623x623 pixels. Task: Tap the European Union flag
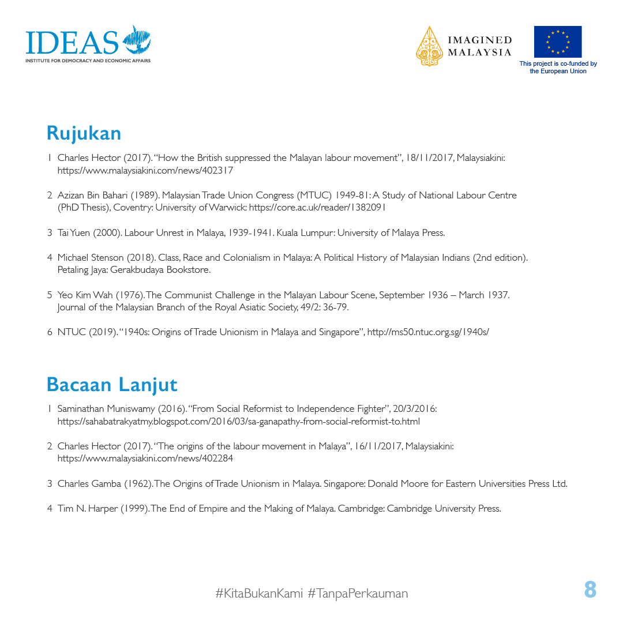coord(557,42)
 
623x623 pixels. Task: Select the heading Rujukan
coord(84,133)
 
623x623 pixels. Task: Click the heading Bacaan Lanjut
coord(112,384)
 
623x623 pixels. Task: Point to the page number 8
coord(590,590)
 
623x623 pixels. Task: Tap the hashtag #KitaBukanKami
coord(259,593)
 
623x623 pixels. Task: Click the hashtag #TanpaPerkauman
coord(358,593)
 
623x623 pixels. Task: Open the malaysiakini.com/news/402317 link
coord(145,171)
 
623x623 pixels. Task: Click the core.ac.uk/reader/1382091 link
coord(317,208)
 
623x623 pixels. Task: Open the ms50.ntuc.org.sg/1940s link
coord(428,332)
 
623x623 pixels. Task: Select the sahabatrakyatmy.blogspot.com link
coord(238,422)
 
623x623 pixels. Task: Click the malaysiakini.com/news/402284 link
coord(145,459)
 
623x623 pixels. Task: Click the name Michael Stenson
coord(90,257)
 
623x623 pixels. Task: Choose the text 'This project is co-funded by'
coord(558,64)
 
